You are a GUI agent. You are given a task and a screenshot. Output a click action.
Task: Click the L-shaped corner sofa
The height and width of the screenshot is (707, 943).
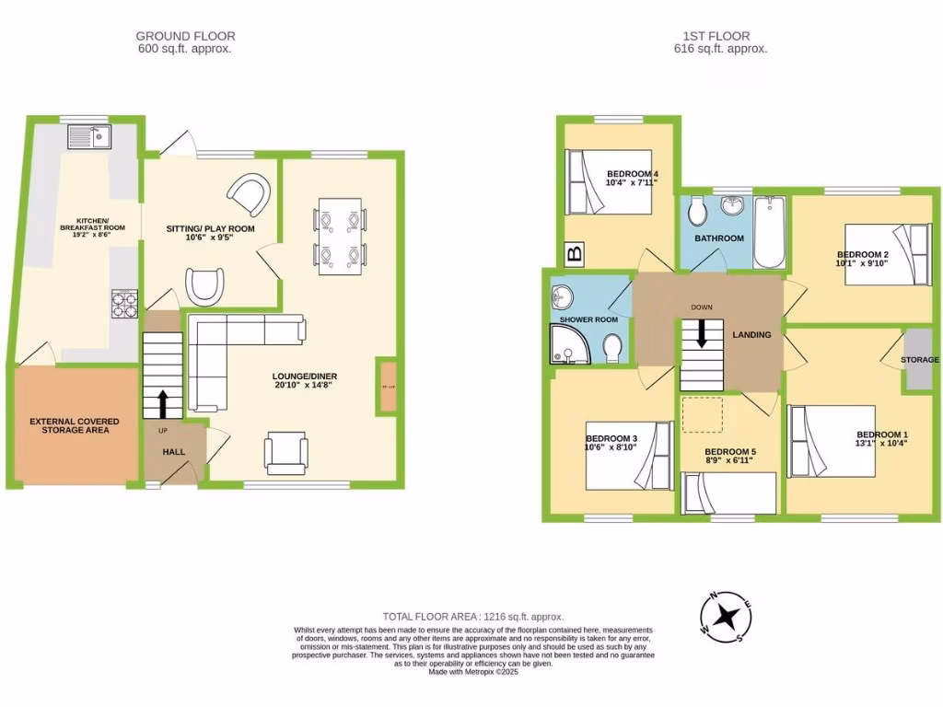coord(230,350)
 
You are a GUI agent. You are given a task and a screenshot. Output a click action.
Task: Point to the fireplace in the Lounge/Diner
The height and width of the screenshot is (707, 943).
coord(387,385)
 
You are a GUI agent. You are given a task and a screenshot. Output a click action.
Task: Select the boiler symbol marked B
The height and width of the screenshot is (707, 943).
coord(575,255)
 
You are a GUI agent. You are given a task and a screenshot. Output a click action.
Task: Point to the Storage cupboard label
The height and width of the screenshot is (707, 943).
coord(920,360)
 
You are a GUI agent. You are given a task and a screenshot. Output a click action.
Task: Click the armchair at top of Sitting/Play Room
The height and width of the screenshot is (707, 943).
coord(250,194)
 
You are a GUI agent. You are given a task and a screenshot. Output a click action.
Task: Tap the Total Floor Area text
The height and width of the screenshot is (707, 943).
coord(472,616)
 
